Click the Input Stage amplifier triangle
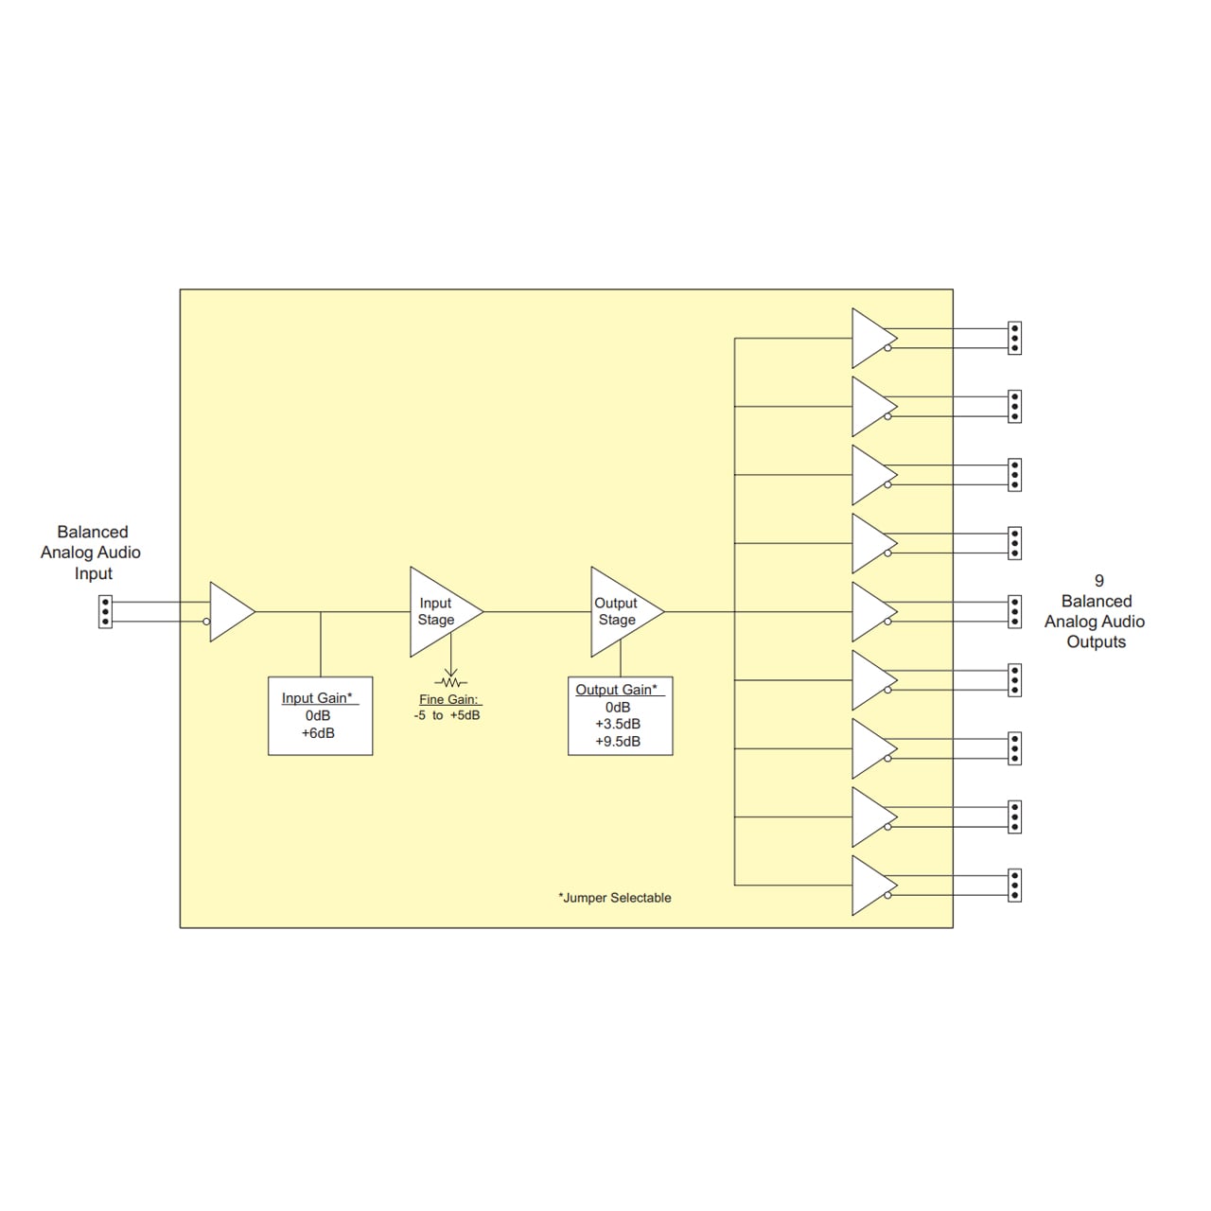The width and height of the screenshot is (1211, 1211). coord(439,612)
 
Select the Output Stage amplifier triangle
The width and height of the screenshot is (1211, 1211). coord(621,612)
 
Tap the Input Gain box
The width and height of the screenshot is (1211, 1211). coord(320,715)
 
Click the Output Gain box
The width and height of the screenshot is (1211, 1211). coord(620,715)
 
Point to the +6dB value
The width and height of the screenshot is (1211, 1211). coord(318,733)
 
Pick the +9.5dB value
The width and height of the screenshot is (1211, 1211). coord(618,742)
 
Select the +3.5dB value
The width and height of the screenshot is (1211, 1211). coord(618,724)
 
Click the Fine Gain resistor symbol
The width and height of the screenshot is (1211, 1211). coord(451,682)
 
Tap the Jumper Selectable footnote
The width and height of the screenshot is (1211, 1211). coord(615,898)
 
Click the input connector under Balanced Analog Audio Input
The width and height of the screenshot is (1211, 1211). coord(105,612)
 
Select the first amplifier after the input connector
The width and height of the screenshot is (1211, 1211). coord(229,612)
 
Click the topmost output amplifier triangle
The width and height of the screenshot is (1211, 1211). coord(871,338)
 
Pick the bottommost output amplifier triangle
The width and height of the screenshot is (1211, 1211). coord(871,886)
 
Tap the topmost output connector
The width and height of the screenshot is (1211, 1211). coord(1014,338)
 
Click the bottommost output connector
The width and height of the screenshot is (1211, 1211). coord(1014,886)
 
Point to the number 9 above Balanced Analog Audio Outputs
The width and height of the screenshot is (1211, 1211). coord(1098,581)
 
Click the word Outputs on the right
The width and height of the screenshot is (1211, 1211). coord(1096,641)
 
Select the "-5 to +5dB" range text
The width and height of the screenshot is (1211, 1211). coord(447,715)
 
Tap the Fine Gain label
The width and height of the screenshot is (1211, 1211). coord(449,699)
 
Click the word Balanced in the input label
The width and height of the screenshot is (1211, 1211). coord(93,532)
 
